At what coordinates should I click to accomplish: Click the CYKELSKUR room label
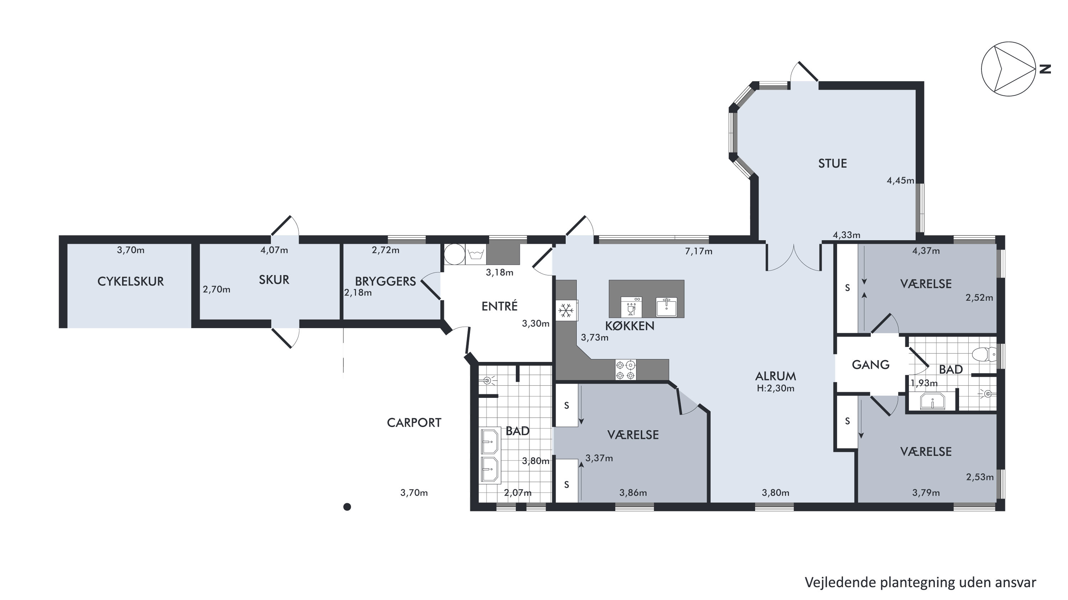pyautogui.click(x=131, y=281)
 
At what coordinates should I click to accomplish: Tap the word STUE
pyautogui.click(x=833, y=163)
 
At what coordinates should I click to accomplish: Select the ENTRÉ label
pyautogui.click(x=500, y=306)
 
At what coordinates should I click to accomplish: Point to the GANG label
pyautogui.click(x=871, y=365)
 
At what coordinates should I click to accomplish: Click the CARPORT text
pyautogui.click(x=414, y=423)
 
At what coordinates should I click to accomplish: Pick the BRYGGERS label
pyautogui.click(x=386, y=281)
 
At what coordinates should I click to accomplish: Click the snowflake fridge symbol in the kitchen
pyautogui.click(x=566, y=310)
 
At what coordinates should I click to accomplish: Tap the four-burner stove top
pyautogui.click(x=626, y=370)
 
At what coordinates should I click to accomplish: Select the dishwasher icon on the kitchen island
pyautogui.click(x=631, y=307)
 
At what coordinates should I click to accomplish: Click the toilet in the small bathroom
pyautogui.click(x=984, y=354)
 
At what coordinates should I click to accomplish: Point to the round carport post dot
pyautogui.click(x=348, y=507)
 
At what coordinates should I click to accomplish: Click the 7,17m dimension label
pyautogui.click(x=699, y=251)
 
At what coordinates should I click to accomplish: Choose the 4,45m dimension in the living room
pyautogui.click(x=901, y=181)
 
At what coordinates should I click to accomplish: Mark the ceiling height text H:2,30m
pyautogui.click(x=776, y=388)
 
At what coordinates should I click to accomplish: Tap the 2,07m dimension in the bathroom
pyautogui.click(x=518, y=493)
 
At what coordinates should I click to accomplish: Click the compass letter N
pyautogui.click(x=1046, y=69)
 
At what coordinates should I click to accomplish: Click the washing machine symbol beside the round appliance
pyautogui.click(x=475, y=254)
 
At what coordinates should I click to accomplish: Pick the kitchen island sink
pyautogui.click(x=666, y=307)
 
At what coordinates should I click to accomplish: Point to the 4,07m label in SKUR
pyautogui.click(x=274, y=250)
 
